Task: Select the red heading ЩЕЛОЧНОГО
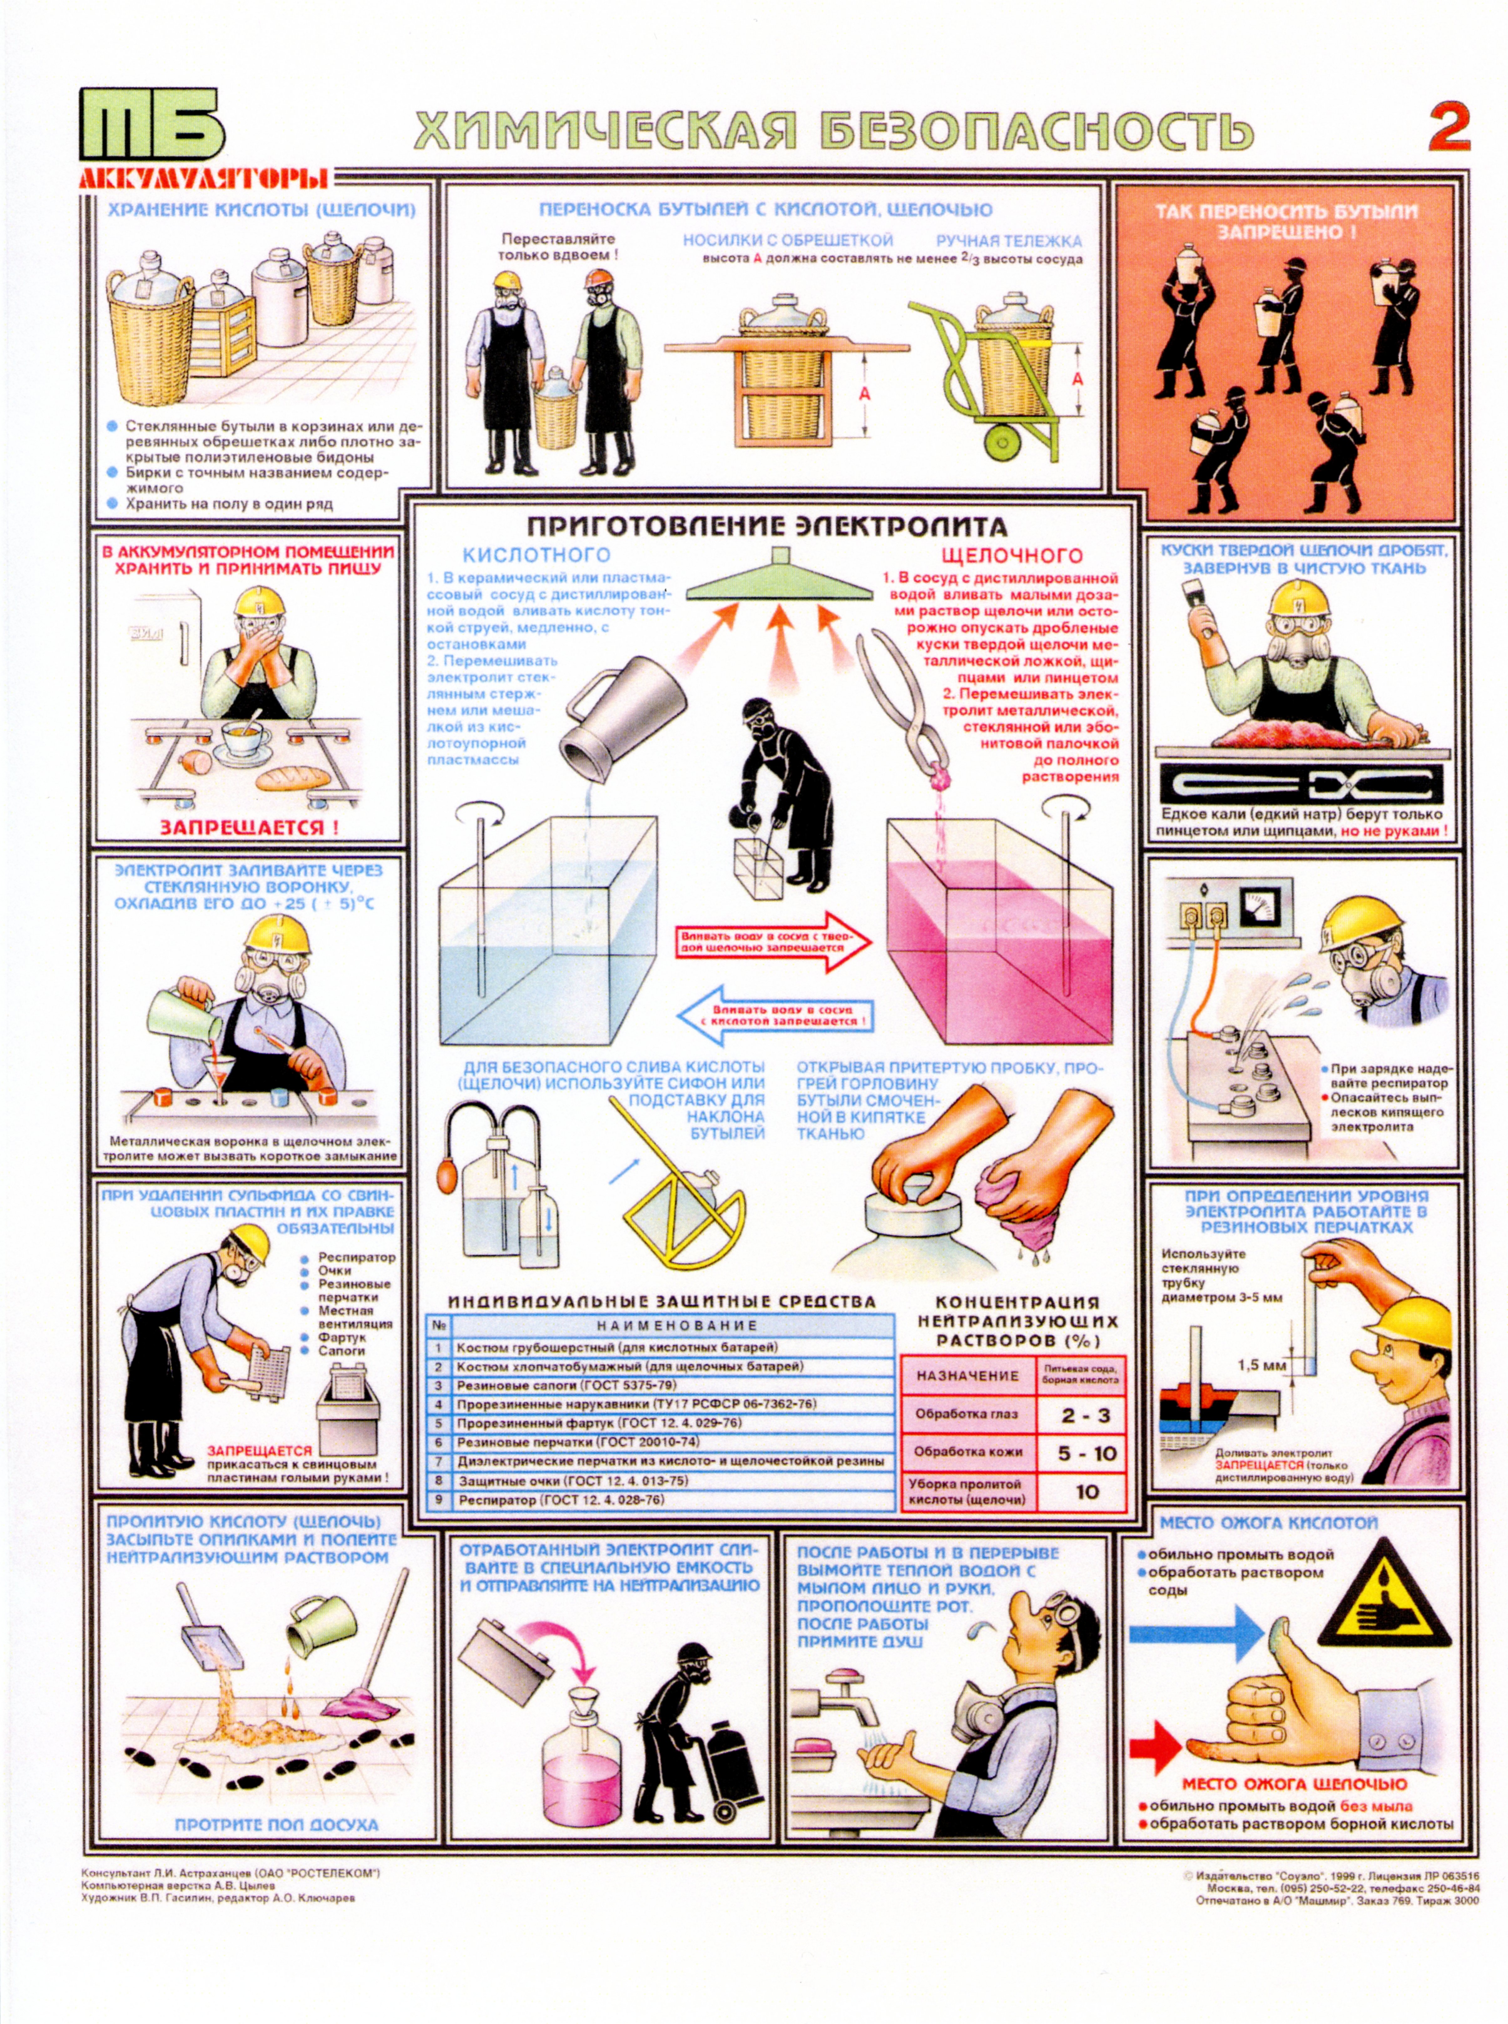pyautogui.click(x=1011, y=555)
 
